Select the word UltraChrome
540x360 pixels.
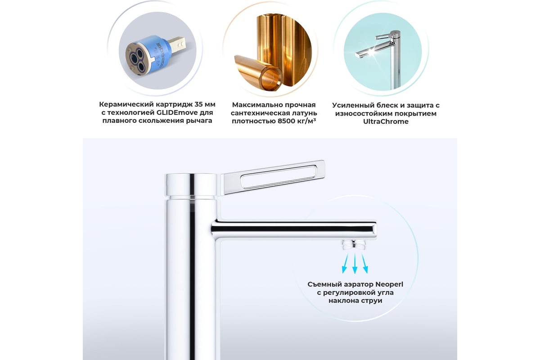[386, 121]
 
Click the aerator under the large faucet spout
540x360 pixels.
[354, 245]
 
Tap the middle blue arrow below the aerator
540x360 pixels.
[355, 263]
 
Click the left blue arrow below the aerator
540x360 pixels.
[345, 263]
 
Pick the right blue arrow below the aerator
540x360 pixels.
[364, 263]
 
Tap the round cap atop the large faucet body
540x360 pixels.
[191, 184]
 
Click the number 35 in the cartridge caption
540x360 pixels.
[198, 104]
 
